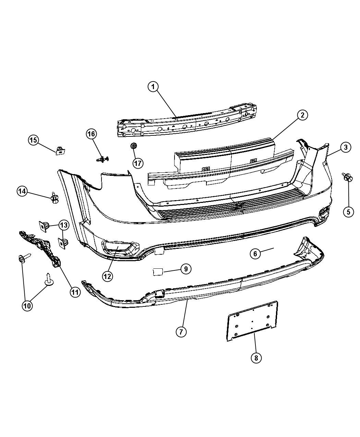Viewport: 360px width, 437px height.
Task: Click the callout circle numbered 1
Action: coord(153,87)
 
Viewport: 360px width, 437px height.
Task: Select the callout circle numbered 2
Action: coord(302,115)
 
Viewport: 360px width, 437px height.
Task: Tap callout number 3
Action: coord(346,147)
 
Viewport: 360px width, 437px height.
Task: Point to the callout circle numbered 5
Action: coord(348,212)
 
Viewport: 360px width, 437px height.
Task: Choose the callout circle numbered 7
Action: coord(181,331)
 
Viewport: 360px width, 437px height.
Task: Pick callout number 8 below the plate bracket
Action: coord(256,358)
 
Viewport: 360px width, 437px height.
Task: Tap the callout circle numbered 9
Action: coord(185,269)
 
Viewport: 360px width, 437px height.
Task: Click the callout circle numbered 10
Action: coord(27,305)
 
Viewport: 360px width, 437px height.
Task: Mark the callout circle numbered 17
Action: coord(138,163)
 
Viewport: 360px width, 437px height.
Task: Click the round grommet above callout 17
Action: coord(133,146)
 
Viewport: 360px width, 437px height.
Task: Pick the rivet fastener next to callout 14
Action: coord(55,198)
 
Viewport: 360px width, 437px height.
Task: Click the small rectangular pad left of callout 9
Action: coord(157,272)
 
